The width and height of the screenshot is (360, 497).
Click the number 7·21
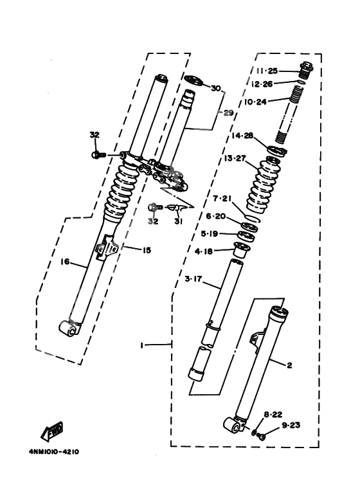click(222, 198)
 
